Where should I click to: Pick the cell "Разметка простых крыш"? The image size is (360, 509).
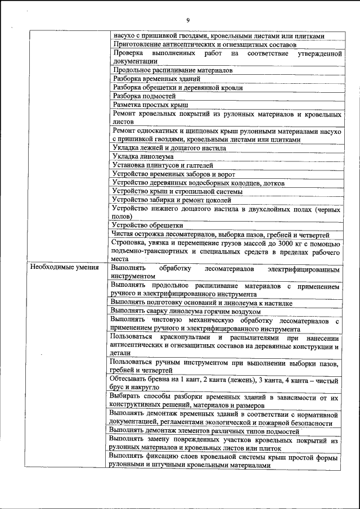pyautogui.click(x=150, y=105)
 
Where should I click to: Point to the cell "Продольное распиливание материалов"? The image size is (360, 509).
pyautogui.click(x=173, y=70)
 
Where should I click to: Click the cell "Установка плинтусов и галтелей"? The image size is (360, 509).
pyautogui.click(x=163, y=165)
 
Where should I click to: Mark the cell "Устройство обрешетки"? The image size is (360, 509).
pyautogui.click(x=147, y=226)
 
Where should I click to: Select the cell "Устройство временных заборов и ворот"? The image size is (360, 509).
pyautogui.click(x=174, y=174)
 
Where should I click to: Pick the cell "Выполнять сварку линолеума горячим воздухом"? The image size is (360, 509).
pyautogui.click(x=186, y=311)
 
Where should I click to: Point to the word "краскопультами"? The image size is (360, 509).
pyautogui.click(x=183, y=337)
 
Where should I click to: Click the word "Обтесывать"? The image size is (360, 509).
pyautogui.click(x=130, y=381)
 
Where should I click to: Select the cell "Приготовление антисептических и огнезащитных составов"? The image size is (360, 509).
pyautogui.click(x=204, y=44)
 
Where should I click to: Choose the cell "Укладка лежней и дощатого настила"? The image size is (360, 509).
pyautogui.click(x=169, y=148)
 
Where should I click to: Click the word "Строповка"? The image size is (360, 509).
pyautogui.click(x=132, y=244)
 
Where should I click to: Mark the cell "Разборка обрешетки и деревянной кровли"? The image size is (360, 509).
pyautogui.click(x=178, y=88)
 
